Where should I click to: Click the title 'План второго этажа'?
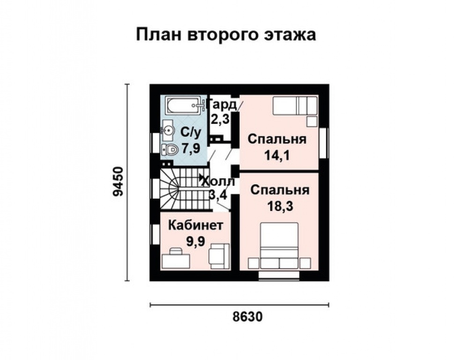[x=226, y=35]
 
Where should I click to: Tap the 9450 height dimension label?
[x=119, y=182]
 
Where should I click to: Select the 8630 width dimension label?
[x=247, y=316]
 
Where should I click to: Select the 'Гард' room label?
[x=223, y=105]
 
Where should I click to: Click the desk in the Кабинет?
[x=176, y=259]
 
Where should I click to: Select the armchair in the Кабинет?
[x=219, y=256]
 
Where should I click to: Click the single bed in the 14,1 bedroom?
[x=295, y=105]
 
